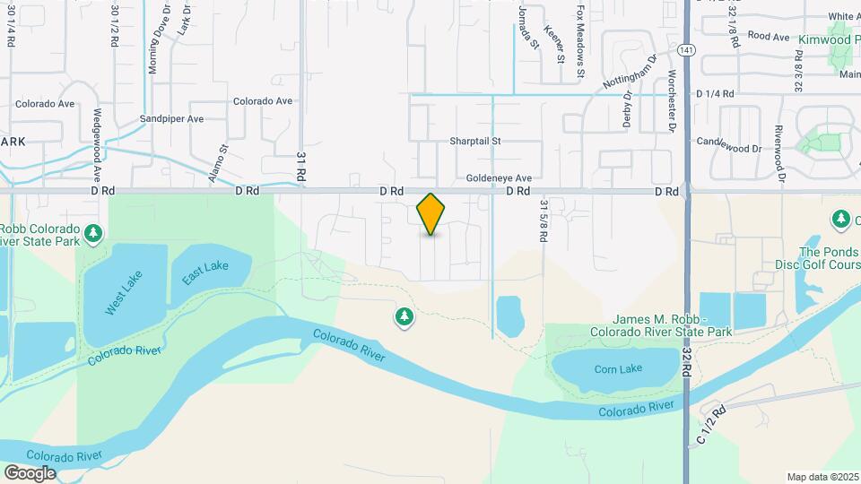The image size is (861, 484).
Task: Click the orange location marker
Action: tap(431, 214)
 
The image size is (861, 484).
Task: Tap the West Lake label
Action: tap(124, 295)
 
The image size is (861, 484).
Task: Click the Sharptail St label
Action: tap(475, 142)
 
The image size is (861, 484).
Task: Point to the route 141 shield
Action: tap(686, 49)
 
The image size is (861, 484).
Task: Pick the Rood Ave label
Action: tap(768, 37)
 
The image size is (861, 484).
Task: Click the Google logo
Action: tap(30, 473)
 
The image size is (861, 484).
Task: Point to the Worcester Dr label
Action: tap(671, 100)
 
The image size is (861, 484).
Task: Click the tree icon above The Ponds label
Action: tap(840, 219)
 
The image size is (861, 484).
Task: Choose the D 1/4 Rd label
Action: tap(715, 93)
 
